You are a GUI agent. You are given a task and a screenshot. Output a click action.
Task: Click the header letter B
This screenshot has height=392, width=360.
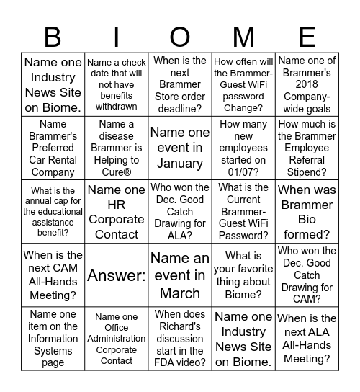53,36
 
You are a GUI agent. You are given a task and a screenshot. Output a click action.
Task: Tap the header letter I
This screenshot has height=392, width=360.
117,36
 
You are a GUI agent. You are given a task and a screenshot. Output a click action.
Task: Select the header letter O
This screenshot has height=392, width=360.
180,36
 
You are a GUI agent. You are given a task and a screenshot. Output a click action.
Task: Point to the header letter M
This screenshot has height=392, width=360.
243,36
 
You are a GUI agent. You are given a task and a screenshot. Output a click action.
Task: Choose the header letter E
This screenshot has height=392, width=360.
307,36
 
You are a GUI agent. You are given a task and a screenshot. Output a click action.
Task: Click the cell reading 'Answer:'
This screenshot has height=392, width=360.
117,275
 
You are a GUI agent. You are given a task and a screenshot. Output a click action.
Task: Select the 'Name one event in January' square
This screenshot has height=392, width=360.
180,148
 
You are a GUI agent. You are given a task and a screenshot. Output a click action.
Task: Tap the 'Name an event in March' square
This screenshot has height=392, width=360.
180,275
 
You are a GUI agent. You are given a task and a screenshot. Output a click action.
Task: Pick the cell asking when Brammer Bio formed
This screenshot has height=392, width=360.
307,211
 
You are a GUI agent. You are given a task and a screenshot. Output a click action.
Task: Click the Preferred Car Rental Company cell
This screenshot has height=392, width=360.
53,148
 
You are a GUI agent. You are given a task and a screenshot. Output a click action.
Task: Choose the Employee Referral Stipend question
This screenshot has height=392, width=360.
307,148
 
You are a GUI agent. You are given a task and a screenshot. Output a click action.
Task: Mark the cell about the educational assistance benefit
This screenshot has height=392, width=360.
53,211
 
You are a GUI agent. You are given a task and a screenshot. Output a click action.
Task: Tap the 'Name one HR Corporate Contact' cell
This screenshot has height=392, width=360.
117,211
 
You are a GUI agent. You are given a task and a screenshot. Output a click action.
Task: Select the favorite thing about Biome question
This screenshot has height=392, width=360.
243,275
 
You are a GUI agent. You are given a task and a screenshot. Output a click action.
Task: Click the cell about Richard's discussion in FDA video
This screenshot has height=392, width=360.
180,338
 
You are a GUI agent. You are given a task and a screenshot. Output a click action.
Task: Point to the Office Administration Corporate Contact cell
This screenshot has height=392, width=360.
117,338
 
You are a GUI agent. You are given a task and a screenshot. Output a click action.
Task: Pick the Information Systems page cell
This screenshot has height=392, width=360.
53,338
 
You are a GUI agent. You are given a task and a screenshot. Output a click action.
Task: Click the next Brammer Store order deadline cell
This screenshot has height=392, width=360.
180,84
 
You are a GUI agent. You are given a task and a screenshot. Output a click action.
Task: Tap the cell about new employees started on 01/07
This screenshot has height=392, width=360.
243,148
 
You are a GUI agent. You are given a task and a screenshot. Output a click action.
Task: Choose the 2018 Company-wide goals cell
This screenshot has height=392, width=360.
307,84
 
